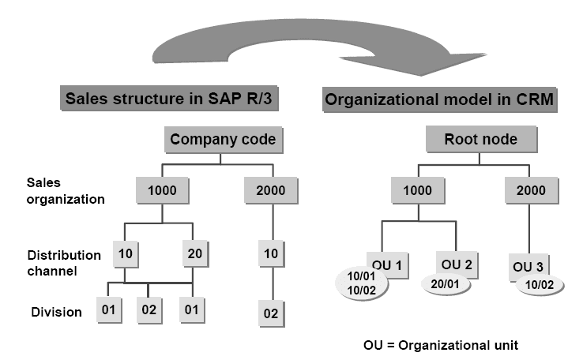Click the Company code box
pyautogui.click(x=223, y=141)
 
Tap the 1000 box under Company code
pyautogui.click(x=162, y=189)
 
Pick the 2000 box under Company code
pyautogui.click(x=271, y=189)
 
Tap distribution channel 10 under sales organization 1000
pyautogui.click(x=126, y=253)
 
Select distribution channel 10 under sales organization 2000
pyautogui.click(x=271, y=253)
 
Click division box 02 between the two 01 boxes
pyautogui.click(x=149, y=310)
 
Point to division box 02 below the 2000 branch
pyautogui.click(x=271, y=313)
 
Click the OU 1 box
pyautogui.click(x=386, y=263)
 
